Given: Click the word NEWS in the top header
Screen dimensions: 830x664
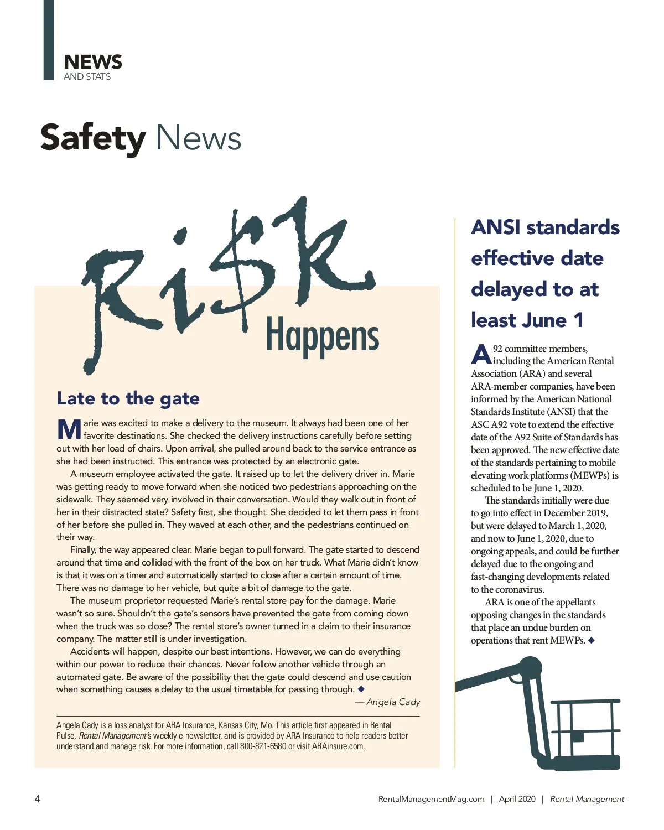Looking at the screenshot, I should click(92, 61).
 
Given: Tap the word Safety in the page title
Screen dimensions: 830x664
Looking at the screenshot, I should click(92, 138).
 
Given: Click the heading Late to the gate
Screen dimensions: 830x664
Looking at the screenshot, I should click(128, 398).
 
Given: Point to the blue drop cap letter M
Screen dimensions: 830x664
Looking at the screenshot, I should click(69, 429).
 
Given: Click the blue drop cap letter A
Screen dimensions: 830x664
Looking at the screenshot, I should click(480, 355).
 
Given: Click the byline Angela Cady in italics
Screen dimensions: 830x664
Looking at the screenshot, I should click(393, 702).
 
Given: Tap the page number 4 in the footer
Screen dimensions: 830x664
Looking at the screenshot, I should click(38, 798).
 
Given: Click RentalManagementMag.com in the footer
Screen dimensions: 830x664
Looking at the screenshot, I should click(431, 799).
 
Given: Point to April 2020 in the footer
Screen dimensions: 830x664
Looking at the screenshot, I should click(517, 799).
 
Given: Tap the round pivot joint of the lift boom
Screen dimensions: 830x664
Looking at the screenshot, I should click(530, 667).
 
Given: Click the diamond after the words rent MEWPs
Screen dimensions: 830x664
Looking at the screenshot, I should click(591, 640).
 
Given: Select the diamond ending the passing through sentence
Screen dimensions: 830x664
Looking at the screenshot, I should click(361, 689).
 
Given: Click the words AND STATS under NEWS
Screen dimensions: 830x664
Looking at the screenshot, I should click(87, 76).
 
